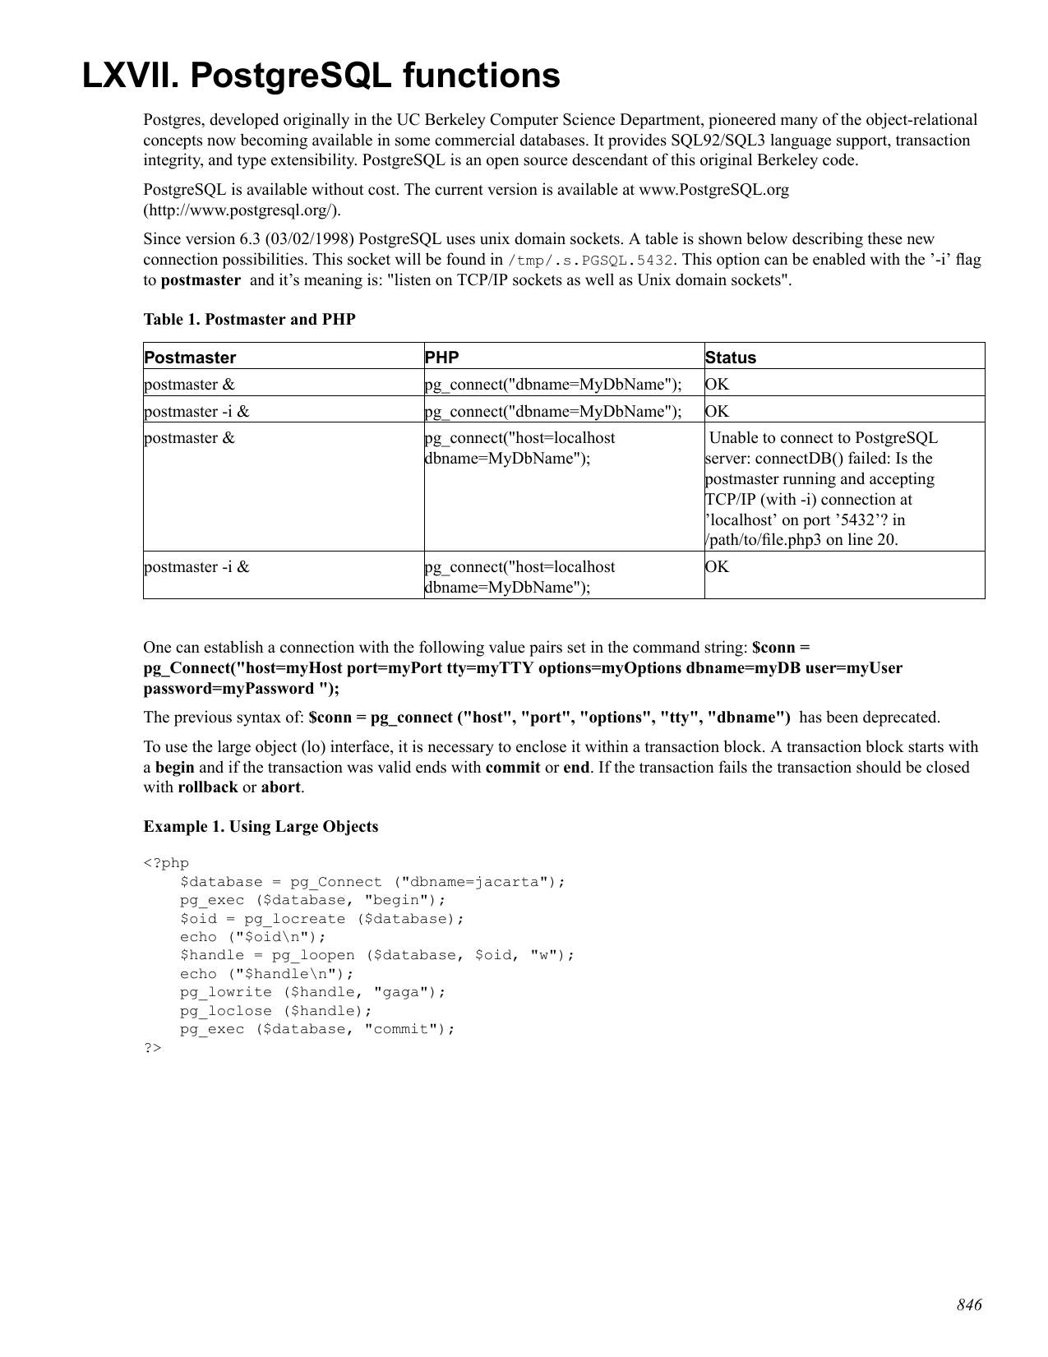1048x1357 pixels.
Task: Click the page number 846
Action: pos(969,1305)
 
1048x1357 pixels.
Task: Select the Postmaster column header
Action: pos(190,358)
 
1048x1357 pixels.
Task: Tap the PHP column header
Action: pos(441,358)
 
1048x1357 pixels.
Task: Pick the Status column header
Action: pos(730,358)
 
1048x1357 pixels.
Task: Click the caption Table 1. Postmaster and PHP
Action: pos(249,319)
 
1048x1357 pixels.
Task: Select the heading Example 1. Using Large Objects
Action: pos(261,827)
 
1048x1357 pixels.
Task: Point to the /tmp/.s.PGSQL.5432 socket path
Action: pos(591,261)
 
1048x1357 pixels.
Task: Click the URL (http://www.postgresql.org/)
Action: pos(242,210)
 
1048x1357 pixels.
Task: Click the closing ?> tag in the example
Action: pos(152,1048)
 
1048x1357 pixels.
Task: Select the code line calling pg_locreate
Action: pos(322,919)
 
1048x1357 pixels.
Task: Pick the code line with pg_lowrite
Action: pos(312,992)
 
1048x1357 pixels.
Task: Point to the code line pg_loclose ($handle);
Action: pos(276,1011)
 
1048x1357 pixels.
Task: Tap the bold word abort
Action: pos(281,787)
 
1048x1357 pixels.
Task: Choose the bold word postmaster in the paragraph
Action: pos(201,280)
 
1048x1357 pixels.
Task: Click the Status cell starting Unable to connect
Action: pos(822,488)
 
